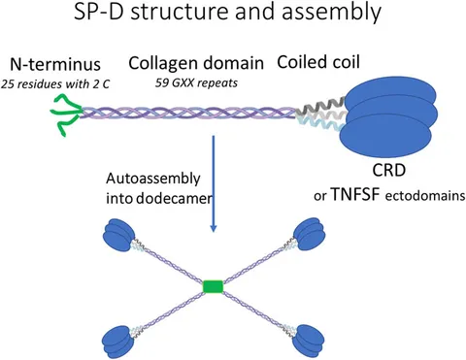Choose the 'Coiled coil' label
pyautogui.click(x=316, y=62)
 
